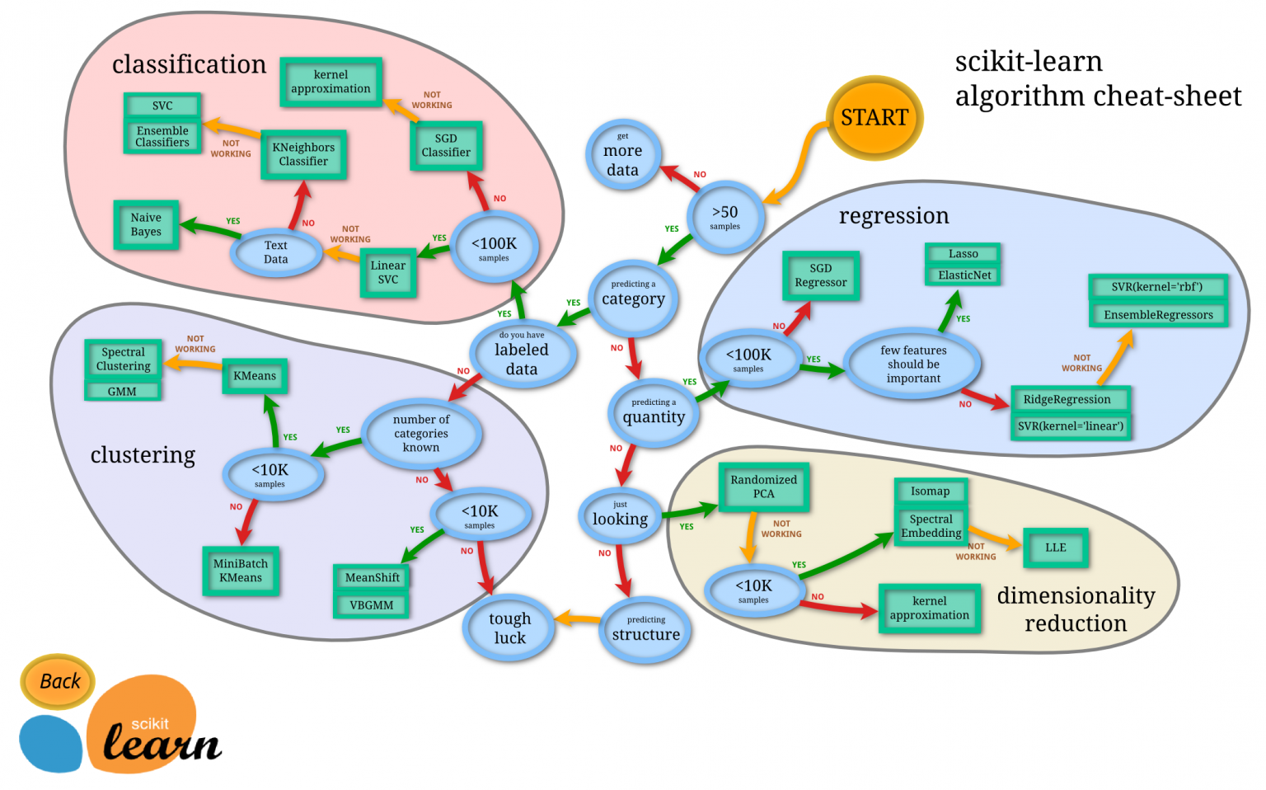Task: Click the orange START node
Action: click(874, 118)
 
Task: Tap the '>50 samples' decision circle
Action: click(724, 217)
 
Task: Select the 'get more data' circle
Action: click(622, 155)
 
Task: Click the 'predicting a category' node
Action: click(632, 295)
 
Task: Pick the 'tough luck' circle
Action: click(509, 628)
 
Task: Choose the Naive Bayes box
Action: click(146, 224)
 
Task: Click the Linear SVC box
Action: click(387, 272)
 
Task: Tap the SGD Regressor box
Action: click(820, 275)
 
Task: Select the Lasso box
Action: click(963, 254)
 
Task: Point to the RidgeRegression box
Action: click(1067, 399)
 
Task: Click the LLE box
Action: click(1055, 548)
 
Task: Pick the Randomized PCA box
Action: click(763, 487)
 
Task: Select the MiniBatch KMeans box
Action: click(241, 571)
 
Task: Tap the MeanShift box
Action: click(372, 577)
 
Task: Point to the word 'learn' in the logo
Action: click(162, 744)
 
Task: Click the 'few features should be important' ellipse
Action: click(913, 364)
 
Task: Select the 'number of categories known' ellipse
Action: click(421, 433)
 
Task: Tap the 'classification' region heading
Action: click(189, 64)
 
